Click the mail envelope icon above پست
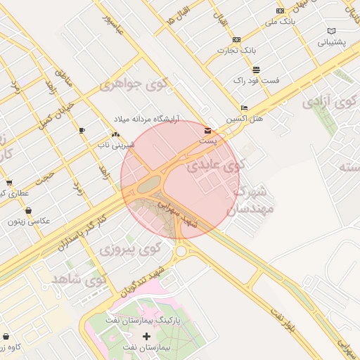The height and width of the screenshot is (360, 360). [207, 130]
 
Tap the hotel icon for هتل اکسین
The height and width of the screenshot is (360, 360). [244, 108]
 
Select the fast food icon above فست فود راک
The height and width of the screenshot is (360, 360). [256, 70]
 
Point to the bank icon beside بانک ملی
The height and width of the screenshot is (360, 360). [281, 11]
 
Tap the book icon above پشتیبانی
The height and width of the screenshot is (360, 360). [331, 31]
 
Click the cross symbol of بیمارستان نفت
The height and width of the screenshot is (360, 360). [146, 337]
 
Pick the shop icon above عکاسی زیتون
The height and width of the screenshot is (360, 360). [28, 210]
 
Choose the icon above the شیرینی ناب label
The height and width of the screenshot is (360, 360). [115, 134]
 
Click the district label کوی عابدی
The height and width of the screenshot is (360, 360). [215, 167]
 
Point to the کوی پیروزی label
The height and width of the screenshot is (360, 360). [130, 249]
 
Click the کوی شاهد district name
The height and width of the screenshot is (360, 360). [78, 280]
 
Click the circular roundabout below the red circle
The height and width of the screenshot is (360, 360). [181, 251]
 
